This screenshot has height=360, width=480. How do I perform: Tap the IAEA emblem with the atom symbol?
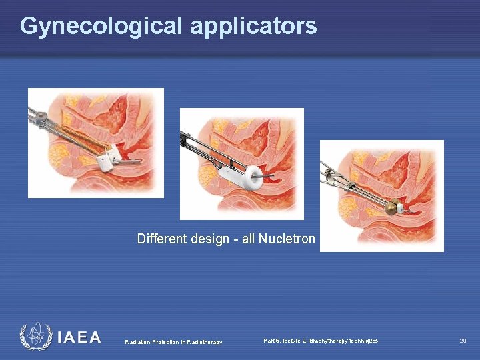tap(35, 337)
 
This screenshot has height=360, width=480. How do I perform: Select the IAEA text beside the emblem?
tap(79, 338)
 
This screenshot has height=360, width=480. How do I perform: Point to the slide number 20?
tap(463, 341)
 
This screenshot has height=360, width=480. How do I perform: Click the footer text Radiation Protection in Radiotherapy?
tap(173, 342)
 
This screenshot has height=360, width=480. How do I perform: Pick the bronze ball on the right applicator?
tap(391, 209)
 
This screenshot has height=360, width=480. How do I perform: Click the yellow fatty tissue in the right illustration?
tap(351, 200)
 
